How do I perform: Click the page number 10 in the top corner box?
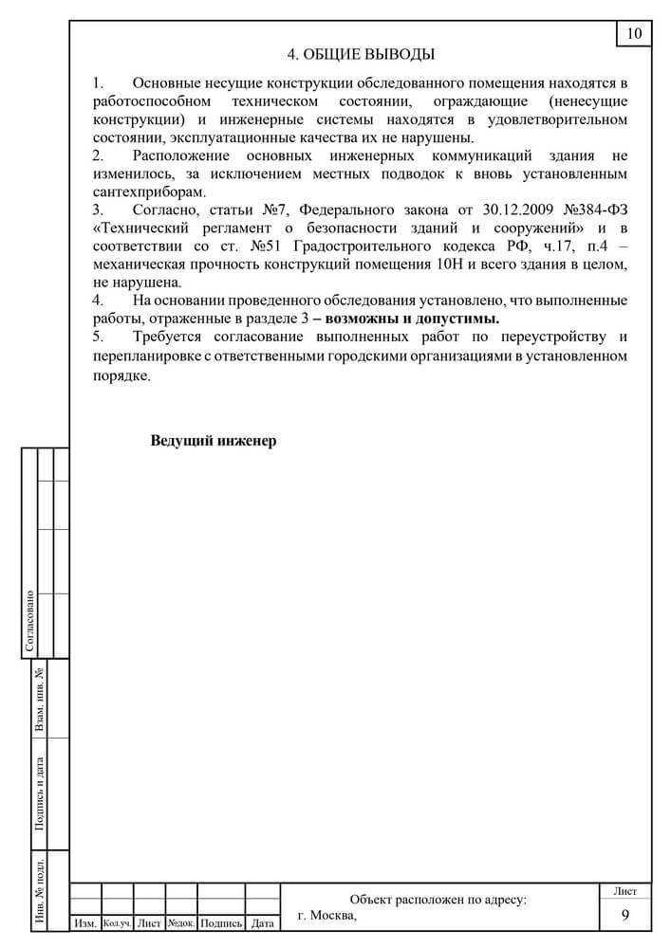(634, 34)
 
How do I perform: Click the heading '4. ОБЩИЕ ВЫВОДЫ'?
(362, 54)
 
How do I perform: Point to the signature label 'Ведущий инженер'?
(214, 441)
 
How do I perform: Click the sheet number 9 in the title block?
(625, 915)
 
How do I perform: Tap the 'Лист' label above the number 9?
(625, 891)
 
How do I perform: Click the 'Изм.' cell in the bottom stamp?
(85, 922)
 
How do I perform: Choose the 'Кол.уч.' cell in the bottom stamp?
(117, 922)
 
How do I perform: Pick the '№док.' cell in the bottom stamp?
(181, 922)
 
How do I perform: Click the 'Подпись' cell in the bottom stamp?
(221, 922)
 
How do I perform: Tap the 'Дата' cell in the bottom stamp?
(263, 922)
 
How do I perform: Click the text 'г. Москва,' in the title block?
(326, 916)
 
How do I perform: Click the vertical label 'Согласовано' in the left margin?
(29, 621)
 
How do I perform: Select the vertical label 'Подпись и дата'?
(40, 793)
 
